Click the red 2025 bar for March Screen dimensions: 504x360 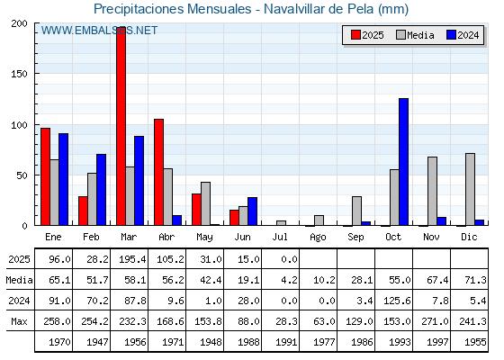pyautogui.click(x=121, y=126)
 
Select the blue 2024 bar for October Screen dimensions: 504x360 pyautogui.click(x=404, y=162)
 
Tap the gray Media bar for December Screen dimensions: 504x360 pyautogui.click(x=470, y=189)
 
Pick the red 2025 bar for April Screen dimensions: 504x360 pyautogui.click(x=158, y=172)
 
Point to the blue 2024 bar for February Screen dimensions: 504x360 pyautogui.click(x=101, y=190)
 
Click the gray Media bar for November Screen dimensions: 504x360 pyautogui.click(x=432, y=191)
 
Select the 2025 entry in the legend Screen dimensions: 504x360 pyautogui.click(x=367, y=35)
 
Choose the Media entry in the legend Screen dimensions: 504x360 pyautogui.click(x=415, y=35)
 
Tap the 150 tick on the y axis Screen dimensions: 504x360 pyautogui.click(x=19, y=74)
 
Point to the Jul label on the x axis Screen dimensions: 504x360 pyautogui.click(x=280, y=237)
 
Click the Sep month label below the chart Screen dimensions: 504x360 pyautogui.click(x=355, y=238)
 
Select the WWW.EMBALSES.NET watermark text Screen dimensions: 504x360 pyautogui.click(x=99, y=31)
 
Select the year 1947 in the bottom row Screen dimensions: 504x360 pyautogui.click(x=97, y=342)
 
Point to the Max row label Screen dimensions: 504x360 pyautogui.click(x=19, y=321)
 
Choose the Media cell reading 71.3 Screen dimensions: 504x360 pyautogui.click(x=475, y=280)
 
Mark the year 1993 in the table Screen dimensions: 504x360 pyautogui.click(x=400, y=342)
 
